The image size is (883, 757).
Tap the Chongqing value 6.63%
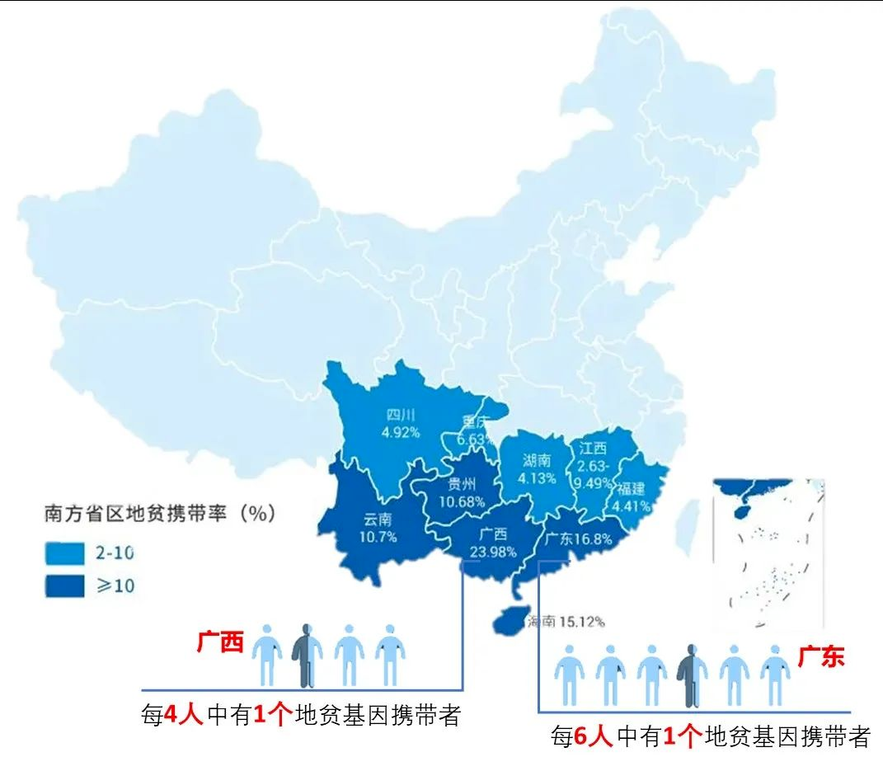(x=476, y=439)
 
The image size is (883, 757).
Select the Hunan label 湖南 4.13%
(x=538, y=469)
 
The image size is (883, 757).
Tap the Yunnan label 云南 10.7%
(x=379, y=528)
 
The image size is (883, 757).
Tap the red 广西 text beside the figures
(x=220, y=643)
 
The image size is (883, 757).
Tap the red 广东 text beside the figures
(x=820, y=657)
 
